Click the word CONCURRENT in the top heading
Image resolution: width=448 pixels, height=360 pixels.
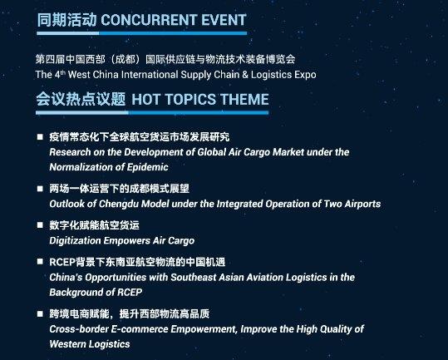149,20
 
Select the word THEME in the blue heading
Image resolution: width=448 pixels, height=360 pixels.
244,100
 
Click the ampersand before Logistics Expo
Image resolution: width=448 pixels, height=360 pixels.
245,75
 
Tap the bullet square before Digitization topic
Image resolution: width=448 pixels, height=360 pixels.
40,225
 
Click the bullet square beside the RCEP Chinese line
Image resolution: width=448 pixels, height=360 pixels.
40,262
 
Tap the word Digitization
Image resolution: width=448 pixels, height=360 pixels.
75,241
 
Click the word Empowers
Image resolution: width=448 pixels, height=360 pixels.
126,241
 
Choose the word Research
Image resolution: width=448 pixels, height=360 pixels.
70,152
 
